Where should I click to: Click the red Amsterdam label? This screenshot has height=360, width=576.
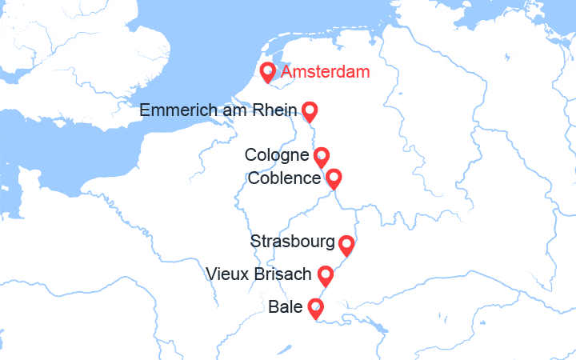click(326, 73)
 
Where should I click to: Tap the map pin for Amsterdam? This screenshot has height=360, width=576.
click(269, 72)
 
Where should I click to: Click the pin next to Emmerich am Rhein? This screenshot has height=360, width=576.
click(309, 111)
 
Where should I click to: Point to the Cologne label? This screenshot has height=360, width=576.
click(277, 155)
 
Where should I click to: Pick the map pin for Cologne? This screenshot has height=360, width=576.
click(321, 156)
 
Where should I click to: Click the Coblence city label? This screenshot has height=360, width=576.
click(284, 178)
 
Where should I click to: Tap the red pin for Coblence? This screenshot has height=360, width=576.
click(334, 178)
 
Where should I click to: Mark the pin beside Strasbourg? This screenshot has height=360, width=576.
click(346, 244)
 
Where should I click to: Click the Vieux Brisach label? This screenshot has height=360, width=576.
click(258, 274)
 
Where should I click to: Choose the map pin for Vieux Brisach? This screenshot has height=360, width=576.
click(326, 275)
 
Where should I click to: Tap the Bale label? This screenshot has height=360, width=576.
click(286, 306)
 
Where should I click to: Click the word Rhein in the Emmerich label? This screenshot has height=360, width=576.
click(274, 110)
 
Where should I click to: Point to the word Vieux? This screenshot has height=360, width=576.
click(226, 274)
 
